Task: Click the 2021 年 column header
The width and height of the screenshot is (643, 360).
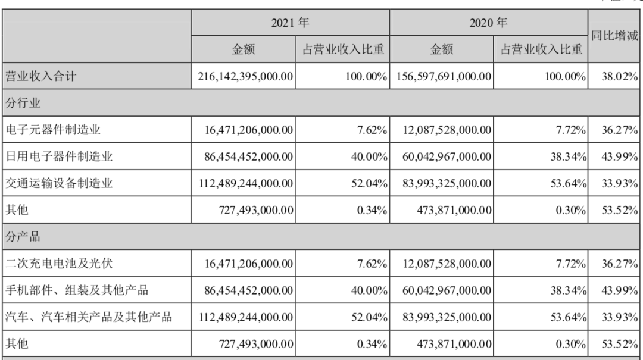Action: tap(290, 23)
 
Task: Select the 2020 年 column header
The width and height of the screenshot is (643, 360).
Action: tap(488, 23)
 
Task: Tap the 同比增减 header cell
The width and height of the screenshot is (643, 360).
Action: tap(614, 36)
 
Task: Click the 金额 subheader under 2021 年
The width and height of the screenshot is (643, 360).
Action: tap(243, 49)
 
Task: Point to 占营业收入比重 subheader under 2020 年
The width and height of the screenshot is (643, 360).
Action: tap(541, 49)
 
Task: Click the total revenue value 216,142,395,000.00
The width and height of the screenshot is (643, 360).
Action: tap(245, 76)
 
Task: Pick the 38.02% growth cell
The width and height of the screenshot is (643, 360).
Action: tap(620, 76)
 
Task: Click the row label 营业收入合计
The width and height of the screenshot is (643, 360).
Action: tap(40, 76)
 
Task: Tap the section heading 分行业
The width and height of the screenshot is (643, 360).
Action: tap(23, 102)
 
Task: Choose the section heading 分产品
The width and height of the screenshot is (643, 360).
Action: tap(23, 237)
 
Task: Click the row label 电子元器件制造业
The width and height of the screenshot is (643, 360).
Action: tap(53, 130)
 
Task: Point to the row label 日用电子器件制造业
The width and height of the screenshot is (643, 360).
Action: tap(58, 156)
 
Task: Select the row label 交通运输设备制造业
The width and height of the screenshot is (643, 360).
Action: tap(58, 183)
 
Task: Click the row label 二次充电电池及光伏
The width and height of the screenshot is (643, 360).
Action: tap(58, 263)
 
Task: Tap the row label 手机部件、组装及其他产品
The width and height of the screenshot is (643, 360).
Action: tap(77, 290)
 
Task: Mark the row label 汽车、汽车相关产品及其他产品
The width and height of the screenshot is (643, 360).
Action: tap(89, 317)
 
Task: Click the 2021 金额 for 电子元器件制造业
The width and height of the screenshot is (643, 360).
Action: tap(248, 130)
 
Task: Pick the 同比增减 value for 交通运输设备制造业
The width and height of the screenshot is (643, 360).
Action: tap(620, 183)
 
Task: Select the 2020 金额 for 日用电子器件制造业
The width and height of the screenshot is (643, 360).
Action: tap(447, 156)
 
